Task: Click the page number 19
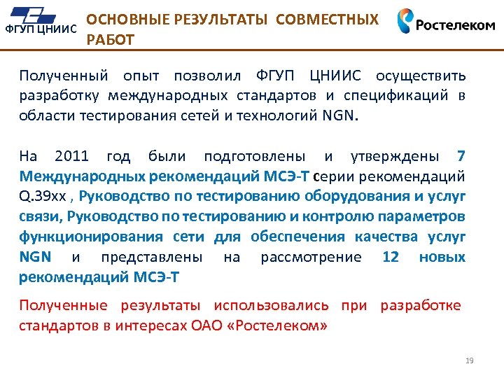470,360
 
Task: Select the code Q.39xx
45,196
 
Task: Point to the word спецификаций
406,96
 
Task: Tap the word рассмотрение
311,257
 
